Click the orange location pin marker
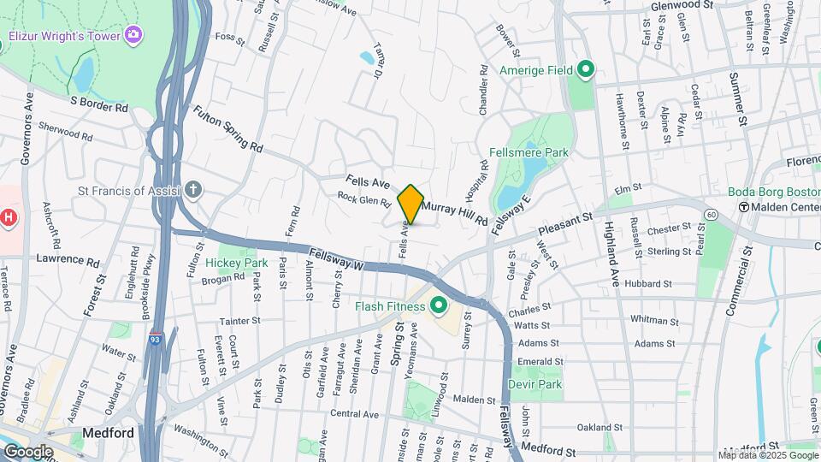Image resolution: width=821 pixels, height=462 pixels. point(411,204)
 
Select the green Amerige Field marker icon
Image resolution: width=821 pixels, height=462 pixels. point(586,69)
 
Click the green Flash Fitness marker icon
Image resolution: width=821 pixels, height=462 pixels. point(440,305)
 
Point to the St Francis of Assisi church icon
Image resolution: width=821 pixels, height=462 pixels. point(194,190)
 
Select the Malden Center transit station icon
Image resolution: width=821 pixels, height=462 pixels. point(744,207)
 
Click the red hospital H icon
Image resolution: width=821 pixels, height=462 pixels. point(9,217)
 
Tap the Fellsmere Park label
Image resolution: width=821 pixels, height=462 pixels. point(529,152)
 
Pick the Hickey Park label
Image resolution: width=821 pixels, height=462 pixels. point(236,263)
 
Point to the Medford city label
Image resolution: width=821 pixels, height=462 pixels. point(108,433)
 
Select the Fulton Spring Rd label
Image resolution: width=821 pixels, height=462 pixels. point(227,128)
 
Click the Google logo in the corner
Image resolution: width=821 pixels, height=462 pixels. point(27,451)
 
